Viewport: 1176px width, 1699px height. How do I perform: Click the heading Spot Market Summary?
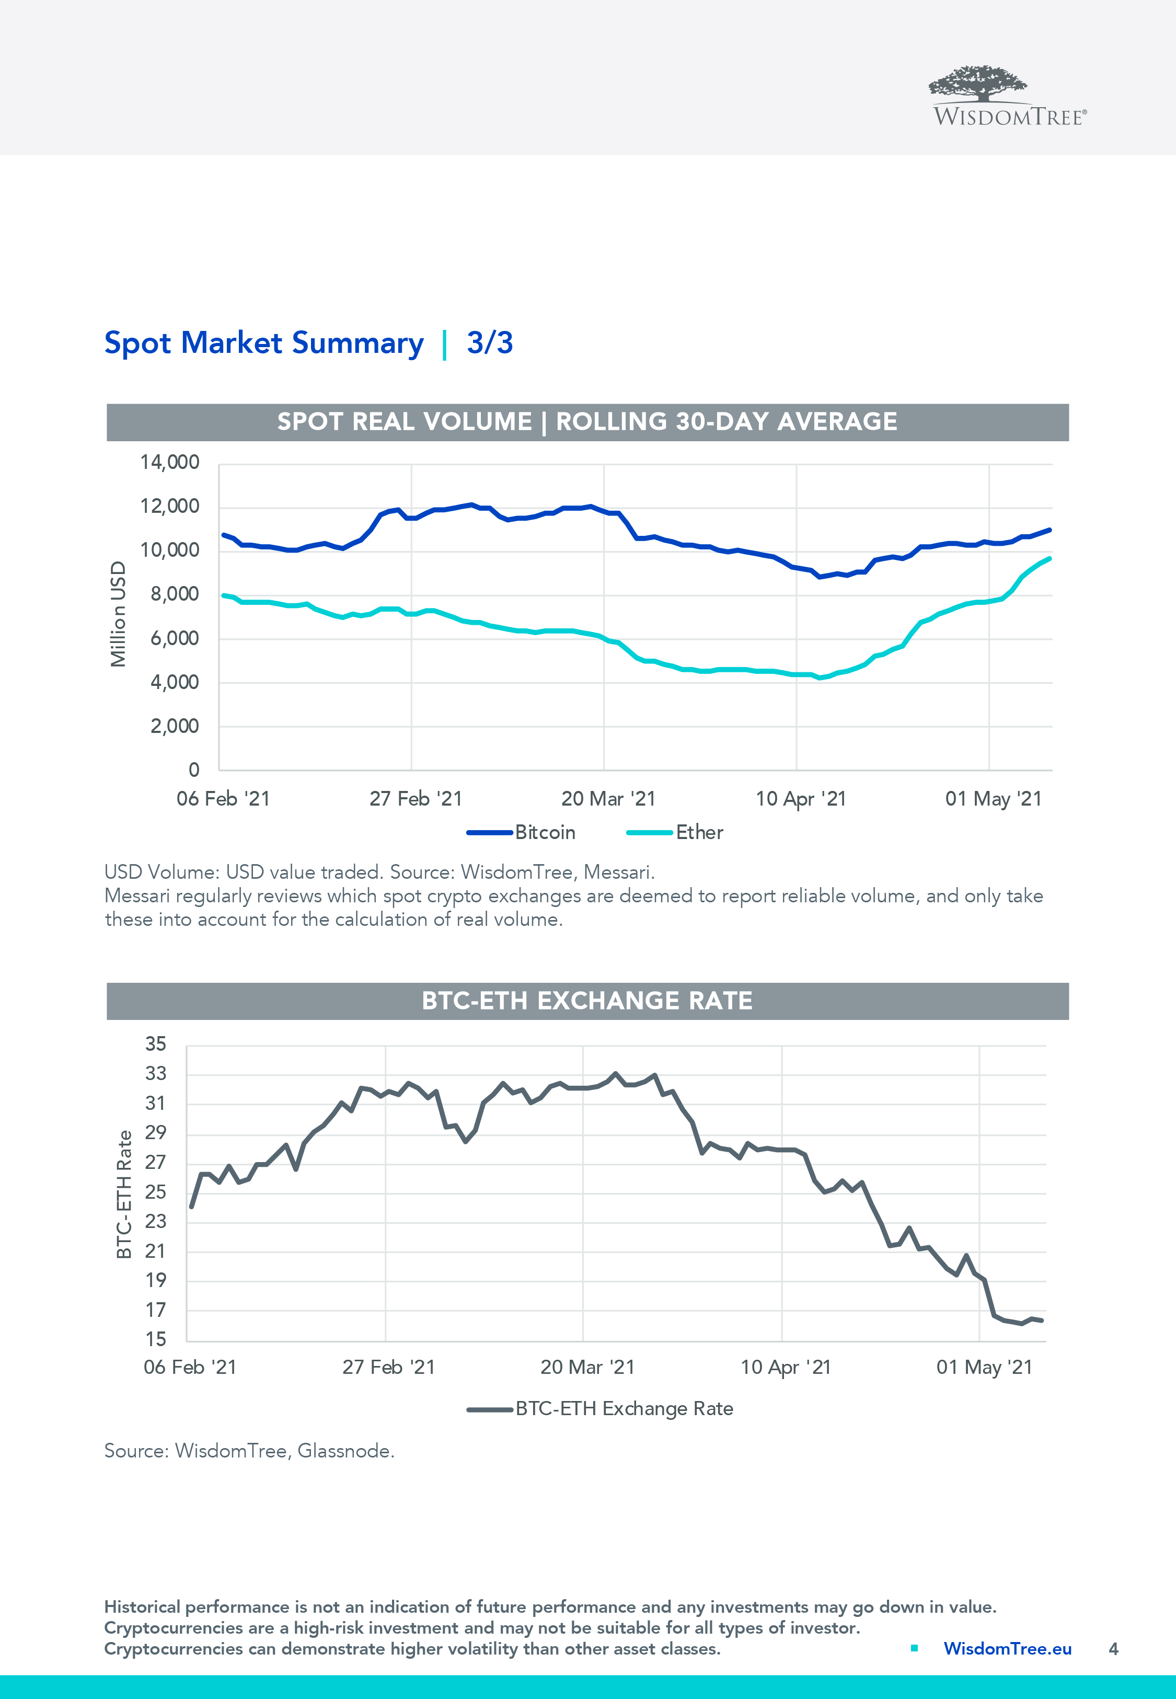click(264, 343)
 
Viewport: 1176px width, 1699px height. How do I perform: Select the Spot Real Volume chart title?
click(587, 421)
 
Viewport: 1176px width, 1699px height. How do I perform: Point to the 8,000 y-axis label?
click(175, 594)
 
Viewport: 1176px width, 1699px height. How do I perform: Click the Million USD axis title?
click(118, 614)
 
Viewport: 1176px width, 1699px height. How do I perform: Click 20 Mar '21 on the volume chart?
click(608, 799)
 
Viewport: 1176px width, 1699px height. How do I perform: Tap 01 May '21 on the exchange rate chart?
click(984, 1368)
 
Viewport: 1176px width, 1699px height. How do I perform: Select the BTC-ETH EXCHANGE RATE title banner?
click(587, 1001)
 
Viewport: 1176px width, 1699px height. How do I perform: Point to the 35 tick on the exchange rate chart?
click(155, 1044)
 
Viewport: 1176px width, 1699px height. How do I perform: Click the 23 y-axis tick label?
click(155, 1222)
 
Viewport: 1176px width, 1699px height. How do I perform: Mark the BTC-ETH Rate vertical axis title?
click(124, 1193)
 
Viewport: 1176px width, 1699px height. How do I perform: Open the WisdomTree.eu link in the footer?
click(1007, 1649)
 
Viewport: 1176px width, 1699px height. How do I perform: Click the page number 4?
click(1113, 1649)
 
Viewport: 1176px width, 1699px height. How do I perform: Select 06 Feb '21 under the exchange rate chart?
click(190, 1368)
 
